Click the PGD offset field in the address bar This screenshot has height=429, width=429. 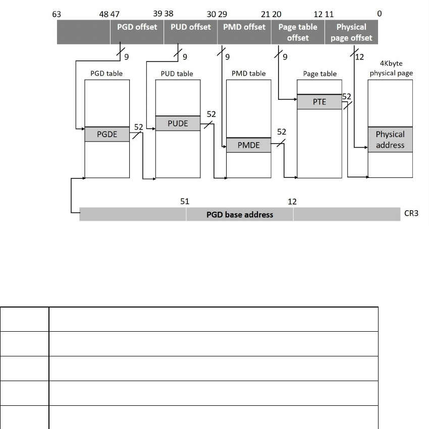coord(137,27)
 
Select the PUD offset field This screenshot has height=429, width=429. coord(190,27)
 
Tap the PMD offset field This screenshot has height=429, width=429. coord(244,27)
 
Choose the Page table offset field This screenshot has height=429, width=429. coord(298,32)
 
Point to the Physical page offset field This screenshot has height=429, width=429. coord(351,32)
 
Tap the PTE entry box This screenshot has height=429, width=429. coord(319,101)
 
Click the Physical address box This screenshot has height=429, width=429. coord(390,140)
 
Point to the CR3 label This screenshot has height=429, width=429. coord(413,214)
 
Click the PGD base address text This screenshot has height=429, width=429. coord(240,214)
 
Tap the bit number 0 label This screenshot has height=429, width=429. coord(379,14)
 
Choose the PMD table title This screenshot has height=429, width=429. coord(248,74)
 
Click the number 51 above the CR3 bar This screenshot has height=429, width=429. coord(185,202)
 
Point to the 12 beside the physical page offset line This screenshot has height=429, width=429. coord(360,57)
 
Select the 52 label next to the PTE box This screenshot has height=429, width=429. coord(347,96)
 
